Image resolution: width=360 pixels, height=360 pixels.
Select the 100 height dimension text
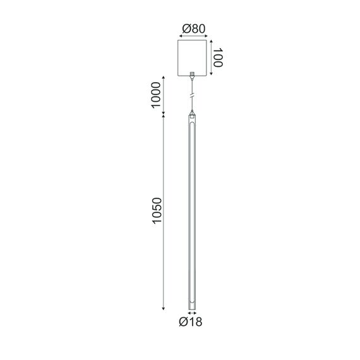(x=219, y=59)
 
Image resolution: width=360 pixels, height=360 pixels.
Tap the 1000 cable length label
(x=157, y=96)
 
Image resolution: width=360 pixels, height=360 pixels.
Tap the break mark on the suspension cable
(x=192, y=96)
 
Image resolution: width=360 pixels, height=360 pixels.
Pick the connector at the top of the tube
(x=192, y=114)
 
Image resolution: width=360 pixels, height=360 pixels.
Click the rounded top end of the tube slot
(x=192, y=127)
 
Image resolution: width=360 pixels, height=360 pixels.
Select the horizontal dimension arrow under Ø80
(x=192, y=37)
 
